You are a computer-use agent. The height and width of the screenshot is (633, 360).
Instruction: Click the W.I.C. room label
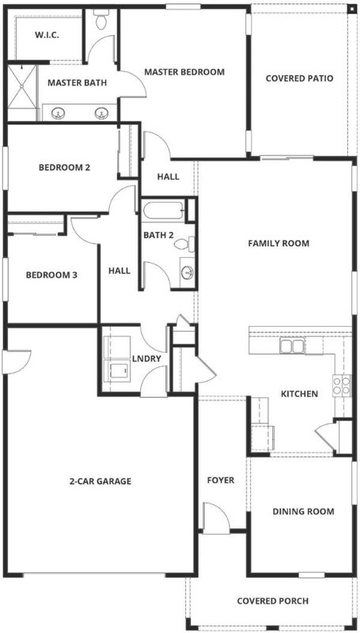47,35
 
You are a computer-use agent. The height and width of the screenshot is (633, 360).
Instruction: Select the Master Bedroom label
184,72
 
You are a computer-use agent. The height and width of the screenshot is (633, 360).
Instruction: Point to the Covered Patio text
299,78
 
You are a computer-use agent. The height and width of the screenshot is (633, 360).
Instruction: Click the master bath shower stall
22,93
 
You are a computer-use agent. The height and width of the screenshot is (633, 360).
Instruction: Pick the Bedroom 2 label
64,167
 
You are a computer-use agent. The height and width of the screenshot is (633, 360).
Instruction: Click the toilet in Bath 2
185,244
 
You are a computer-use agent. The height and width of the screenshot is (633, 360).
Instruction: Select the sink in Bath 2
188,273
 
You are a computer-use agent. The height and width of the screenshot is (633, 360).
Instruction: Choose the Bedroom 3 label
51,275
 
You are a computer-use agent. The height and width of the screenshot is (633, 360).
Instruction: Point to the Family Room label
279,244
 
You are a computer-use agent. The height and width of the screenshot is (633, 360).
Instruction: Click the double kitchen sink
292,346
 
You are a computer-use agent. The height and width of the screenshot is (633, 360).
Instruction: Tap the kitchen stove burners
342,385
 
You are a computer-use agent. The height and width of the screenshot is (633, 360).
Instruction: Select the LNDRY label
147,358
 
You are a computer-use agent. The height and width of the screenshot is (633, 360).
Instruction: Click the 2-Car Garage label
100,481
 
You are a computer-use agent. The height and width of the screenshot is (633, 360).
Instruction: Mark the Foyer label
221,480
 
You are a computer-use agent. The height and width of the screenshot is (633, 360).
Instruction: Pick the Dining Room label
304,511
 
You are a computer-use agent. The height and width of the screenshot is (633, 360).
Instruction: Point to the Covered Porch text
273,601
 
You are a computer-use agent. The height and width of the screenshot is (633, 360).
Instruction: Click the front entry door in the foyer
217,518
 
